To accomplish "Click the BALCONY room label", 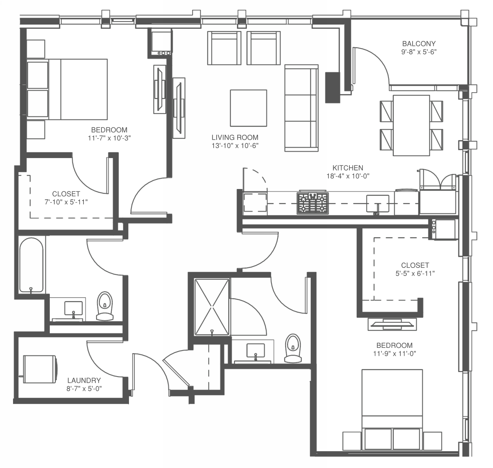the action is click(419, 44).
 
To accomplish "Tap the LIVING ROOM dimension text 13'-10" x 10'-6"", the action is click(235, 146).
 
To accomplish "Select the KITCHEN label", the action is click(348, 168).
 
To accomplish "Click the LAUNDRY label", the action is click(84, 380).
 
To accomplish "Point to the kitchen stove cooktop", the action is click(313, 203).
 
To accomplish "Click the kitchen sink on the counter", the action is click(378, 204).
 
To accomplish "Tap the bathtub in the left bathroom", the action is click(31, 265).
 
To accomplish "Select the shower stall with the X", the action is click(212, 307).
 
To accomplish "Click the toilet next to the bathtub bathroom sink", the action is click(105, 306).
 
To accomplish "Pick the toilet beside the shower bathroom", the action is click(293, 348).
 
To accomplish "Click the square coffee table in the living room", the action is click(248, 108).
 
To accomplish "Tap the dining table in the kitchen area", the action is click(411, 126).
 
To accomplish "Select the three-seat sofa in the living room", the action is click(301, 108).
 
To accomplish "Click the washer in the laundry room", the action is click(40, 369).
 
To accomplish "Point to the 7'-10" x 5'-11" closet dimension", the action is click(66, 202).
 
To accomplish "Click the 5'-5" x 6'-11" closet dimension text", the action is click(415, 273).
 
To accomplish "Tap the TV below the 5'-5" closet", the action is click(392, 324).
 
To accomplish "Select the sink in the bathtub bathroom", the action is click(73, 308).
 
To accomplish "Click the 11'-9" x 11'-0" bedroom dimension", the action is click(395, 354).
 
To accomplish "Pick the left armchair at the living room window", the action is click(224, 48).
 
